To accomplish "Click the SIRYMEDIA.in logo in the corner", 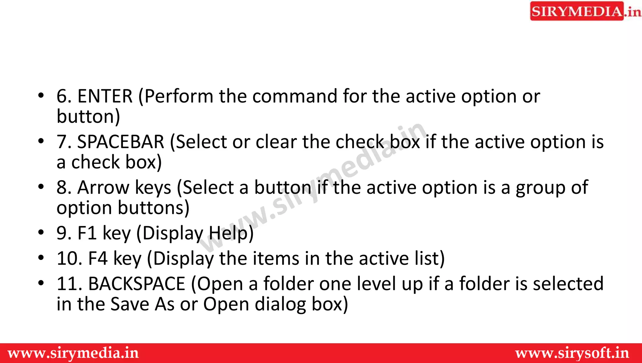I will coord(585,11).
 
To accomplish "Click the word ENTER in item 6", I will coord(105,96).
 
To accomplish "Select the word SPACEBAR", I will coord(121,142).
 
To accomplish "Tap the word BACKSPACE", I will coord(137,284).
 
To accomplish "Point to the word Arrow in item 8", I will coord(103,188).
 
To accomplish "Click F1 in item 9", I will coord(87,233).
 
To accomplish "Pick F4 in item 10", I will coord(98,259).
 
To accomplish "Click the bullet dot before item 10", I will coord(41,258).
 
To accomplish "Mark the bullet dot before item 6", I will coord(41,95).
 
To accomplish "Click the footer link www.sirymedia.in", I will coord(73,353).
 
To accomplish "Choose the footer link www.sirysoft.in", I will coord(572,353).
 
